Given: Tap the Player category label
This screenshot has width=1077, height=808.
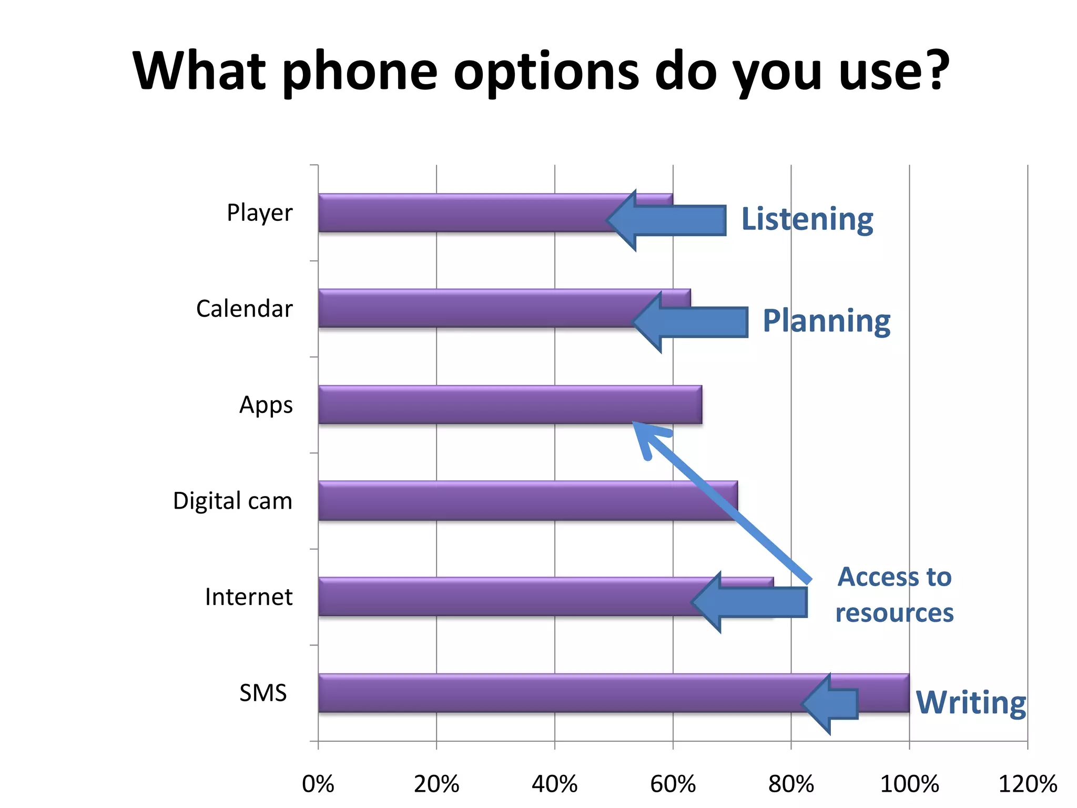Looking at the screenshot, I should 259,213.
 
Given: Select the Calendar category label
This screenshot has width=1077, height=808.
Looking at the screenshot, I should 244,309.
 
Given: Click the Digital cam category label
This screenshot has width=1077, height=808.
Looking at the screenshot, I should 232,501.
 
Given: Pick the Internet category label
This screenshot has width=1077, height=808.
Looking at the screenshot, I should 248,597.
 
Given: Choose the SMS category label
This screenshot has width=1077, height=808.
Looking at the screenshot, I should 263,693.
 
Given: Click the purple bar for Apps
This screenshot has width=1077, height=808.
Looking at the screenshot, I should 473,405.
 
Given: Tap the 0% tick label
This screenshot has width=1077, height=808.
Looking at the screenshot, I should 318,784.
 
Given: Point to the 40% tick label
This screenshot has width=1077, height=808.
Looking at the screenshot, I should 554,784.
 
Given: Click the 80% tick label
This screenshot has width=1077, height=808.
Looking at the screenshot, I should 791,784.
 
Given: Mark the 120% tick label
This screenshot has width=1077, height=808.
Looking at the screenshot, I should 1027,784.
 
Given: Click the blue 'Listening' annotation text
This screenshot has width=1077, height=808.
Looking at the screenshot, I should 807,219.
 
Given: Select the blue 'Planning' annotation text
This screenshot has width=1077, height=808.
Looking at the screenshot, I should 826,321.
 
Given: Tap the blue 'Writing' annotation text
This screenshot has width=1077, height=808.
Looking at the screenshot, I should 971,702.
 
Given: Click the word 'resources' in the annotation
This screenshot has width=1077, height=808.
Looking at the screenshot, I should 895,613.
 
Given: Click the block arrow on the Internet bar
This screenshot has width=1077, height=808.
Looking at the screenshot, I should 749,602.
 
